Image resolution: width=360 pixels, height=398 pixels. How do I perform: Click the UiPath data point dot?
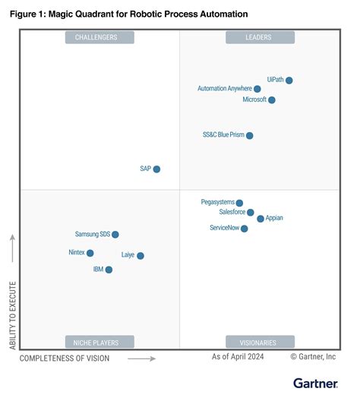(289, 81)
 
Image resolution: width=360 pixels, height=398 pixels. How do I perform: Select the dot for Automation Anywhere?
(257, 89)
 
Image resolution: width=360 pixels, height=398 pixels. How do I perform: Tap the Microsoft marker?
(272, 100)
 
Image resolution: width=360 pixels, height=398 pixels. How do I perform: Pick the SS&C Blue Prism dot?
(250, 136)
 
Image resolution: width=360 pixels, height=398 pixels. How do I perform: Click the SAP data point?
(156, 169)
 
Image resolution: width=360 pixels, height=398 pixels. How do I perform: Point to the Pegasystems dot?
(240, 204)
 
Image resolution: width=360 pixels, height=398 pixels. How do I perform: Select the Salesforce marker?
(251, 213)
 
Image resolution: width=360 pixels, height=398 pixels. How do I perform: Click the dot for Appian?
(261, 219)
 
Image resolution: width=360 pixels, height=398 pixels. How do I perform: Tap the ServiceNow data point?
(244, 229)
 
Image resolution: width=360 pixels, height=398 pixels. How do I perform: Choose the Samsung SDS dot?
(115, 235)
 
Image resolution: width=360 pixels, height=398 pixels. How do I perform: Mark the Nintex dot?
(90, 253)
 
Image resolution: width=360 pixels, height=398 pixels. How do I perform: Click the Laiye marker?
(141, 256)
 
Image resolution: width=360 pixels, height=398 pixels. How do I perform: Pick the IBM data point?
(109, 270)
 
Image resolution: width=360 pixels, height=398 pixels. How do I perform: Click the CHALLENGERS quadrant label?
(99, 37)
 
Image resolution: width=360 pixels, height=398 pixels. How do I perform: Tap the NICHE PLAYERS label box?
(99, 342)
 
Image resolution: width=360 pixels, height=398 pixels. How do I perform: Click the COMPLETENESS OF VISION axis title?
(65, 358)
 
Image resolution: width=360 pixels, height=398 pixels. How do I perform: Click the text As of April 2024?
(238, 356)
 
